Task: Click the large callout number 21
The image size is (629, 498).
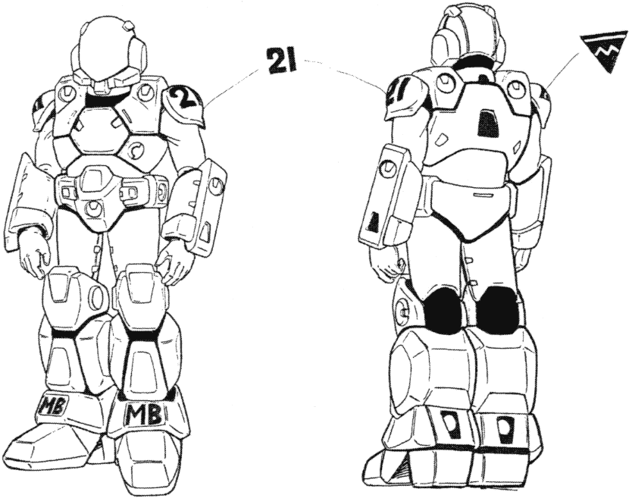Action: pyautogui.click(x=280, y=61)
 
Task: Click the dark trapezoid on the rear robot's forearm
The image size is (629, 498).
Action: pyautogui.click(x=374, y=222)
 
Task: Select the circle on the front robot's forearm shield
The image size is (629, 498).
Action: pyautogui.click(x=216, y=186)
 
